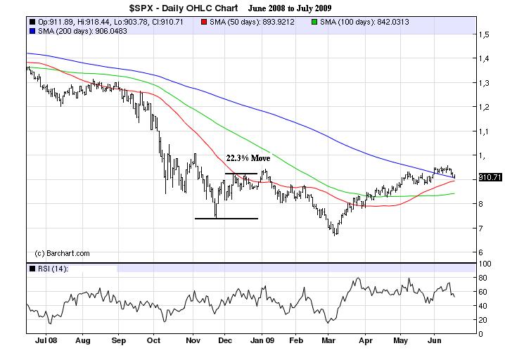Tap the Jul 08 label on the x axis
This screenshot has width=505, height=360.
point(46,341)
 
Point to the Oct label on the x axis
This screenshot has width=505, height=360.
point(154,341)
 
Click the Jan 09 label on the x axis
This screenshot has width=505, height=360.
point(263,341)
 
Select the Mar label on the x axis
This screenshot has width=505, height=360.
point(327,341)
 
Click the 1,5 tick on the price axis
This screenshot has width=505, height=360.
point(484,34)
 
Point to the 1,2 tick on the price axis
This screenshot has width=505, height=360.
point(484,107)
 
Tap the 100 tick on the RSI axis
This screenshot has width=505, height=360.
point(485,264)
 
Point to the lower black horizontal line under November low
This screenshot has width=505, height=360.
point(226,219)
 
